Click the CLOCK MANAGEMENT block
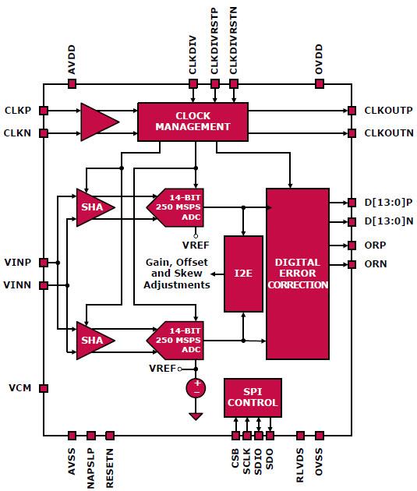pos(193,121)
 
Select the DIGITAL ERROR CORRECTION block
pos(297,273)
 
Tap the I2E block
pos(242,274)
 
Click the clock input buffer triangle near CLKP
pos(98,122)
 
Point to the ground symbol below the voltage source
pos(196,416)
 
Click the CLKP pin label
pos(17,110)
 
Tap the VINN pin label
pos(17,286)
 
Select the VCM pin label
pos(19,387)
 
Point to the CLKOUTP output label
pos(389,110)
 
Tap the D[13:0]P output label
pos(387,203)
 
